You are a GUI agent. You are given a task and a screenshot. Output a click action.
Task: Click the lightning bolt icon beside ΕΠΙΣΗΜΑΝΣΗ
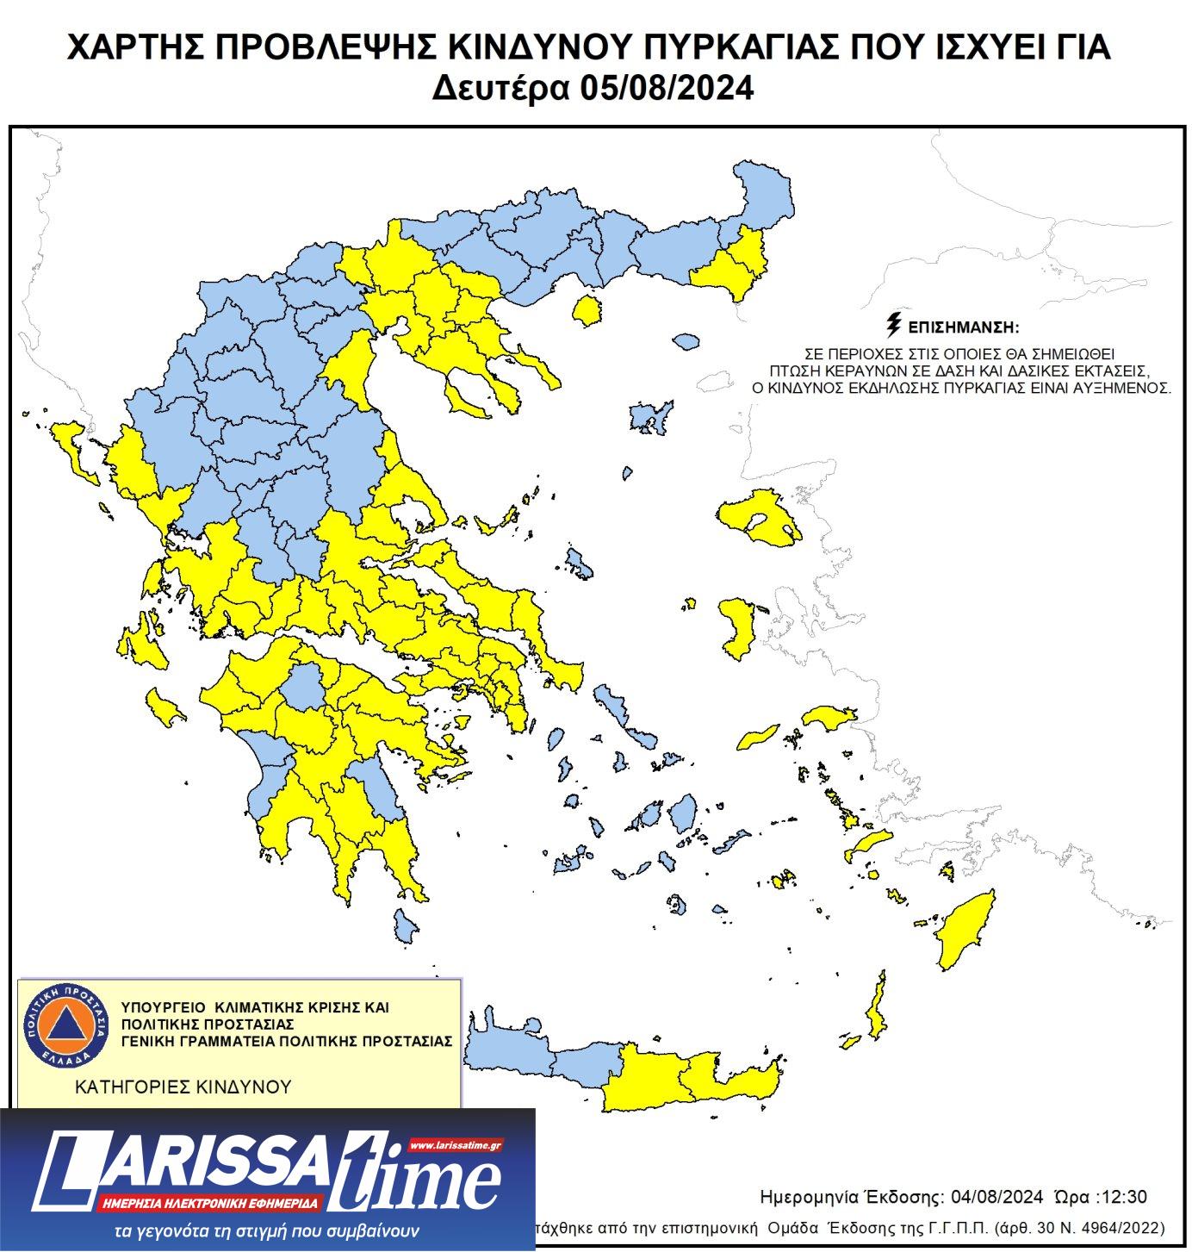894,327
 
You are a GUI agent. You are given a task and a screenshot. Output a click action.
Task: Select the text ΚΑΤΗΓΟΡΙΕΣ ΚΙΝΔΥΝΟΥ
183,1087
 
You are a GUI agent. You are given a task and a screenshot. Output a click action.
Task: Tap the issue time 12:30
1125,1197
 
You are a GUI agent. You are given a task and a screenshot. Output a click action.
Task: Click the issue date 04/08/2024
997,1197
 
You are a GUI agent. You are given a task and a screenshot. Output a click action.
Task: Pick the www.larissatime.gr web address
455,1145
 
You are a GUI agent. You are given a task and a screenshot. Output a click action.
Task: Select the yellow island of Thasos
587,310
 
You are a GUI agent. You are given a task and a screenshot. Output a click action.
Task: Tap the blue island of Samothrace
685,342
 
